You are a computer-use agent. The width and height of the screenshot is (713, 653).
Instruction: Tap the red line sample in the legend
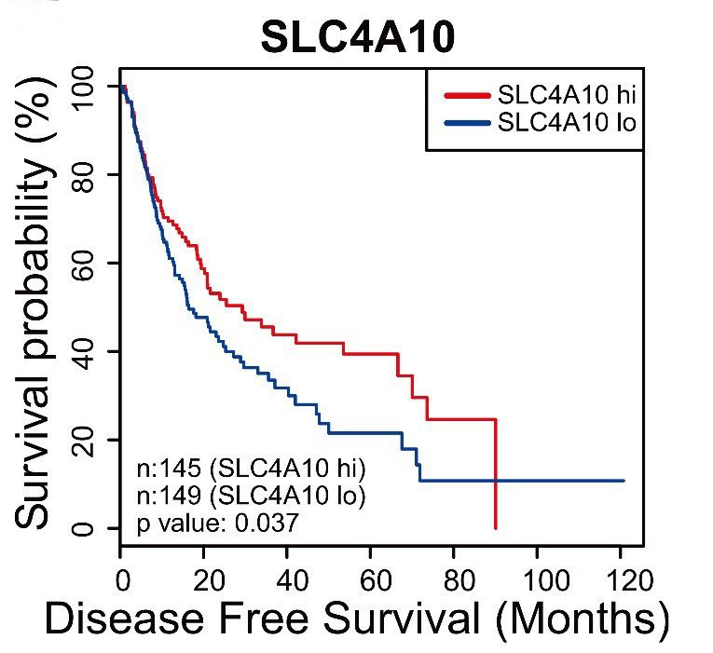467,94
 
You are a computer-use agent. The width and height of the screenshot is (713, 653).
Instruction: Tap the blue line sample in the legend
467,122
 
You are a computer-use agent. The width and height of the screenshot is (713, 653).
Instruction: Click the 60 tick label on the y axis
89,263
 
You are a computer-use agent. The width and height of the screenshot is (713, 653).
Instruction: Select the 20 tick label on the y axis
89,440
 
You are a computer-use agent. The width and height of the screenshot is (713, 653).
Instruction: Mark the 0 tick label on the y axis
89,528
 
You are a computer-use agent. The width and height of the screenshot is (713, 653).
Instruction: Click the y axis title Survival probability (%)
37,307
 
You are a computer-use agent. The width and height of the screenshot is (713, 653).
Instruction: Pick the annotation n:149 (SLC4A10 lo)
251,496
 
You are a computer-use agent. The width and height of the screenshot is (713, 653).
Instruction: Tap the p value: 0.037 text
217,524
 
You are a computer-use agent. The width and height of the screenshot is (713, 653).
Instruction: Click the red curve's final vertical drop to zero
496,475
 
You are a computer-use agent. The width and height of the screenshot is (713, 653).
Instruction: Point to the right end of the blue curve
623,481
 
